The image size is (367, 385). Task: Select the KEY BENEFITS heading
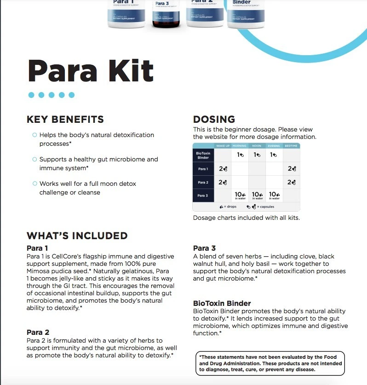(x=65, y=120)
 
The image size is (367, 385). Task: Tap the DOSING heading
(x=214, y=120)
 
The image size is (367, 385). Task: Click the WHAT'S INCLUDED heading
(x=77, y=236)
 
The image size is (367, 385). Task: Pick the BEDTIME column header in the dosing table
(x=291, y=146)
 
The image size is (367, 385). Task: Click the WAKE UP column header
(x=223, y=146)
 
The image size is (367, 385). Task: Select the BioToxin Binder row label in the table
(x=203, y=155)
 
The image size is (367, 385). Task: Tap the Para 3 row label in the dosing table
(x=203, y=195)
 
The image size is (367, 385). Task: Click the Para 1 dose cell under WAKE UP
(x=223, y=169)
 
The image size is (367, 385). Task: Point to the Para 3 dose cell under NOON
(x=257, y=195)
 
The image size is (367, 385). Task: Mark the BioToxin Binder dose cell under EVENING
(x=274, y=155)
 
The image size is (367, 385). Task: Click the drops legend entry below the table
(x=228, y=207)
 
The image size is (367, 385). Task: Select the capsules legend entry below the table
(x=260, y=207)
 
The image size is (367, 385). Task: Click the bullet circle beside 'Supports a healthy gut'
(x=34, y=159)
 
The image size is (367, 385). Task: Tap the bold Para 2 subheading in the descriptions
(x=38, y=332)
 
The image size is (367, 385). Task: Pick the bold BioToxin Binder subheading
(x=222, y=303)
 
